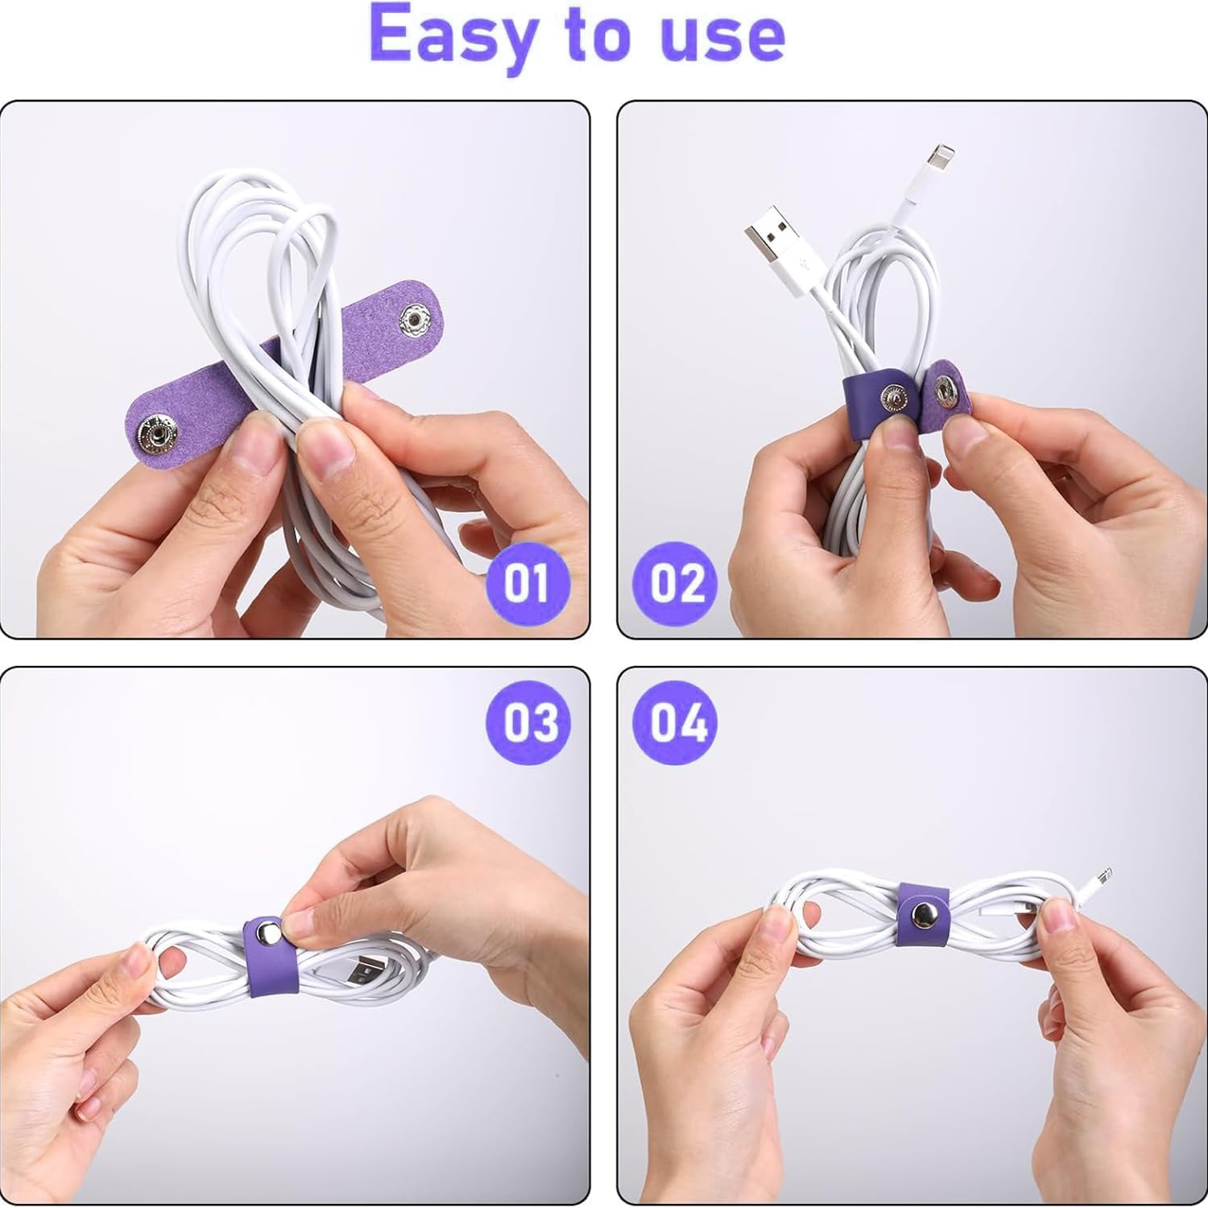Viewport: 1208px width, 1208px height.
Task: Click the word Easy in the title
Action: (451, 36)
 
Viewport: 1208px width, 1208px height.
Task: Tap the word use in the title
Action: (721, 36)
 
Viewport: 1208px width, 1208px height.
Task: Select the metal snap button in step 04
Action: (922, 913)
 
